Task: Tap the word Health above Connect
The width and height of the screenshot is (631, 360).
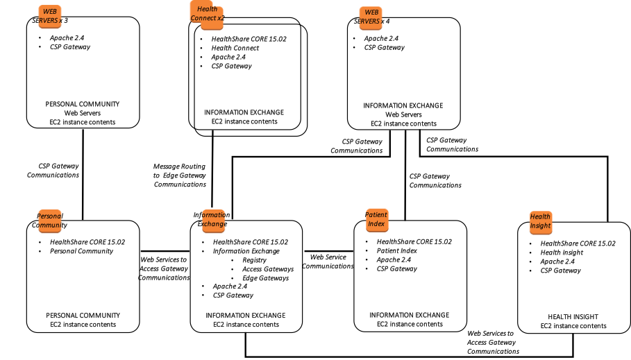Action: click(207, 9)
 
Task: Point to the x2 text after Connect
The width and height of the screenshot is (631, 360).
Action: click(219, 18)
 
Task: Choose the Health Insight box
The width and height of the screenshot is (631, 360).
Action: click(540, 222)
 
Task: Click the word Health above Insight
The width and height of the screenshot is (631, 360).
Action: click(540, 216)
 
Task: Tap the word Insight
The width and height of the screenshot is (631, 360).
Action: click(540, 226)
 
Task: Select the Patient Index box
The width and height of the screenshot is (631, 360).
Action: click(377, 220)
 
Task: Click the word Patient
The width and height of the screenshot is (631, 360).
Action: click(377, 215)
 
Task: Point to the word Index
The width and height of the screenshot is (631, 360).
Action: click(377, 224)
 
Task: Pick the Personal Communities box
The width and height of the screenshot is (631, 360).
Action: click(50, 221)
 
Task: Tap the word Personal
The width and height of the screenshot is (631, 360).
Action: click(50, 216)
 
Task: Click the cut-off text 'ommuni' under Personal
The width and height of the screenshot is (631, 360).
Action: click(50, 225)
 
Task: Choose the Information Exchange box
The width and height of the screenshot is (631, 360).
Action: click(214, 221)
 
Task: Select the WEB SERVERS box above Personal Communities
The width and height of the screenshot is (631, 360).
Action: click(50, 17)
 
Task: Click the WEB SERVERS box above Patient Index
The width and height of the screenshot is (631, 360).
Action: click(371, 18)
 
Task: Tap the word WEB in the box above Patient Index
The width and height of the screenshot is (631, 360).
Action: click(371, 12)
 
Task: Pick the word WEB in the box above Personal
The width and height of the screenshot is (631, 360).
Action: click(50, 11)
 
